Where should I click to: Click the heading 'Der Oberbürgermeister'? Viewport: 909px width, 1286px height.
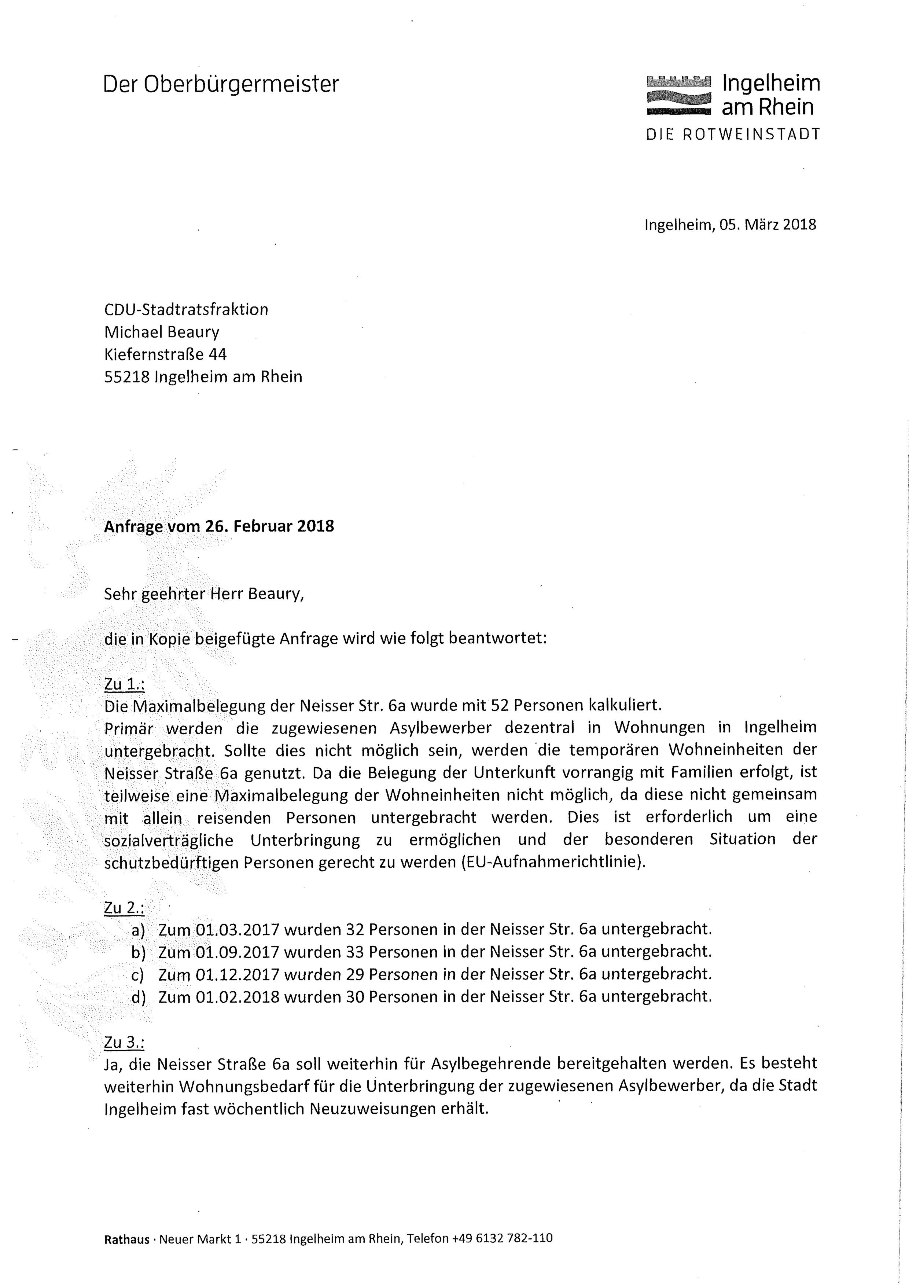tap(221, 85)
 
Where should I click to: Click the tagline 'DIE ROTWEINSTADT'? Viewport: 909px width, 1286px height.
tap(733, 135)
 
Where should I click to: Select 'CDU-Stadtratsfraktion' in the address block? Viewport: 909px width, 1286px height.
tap(186, 310)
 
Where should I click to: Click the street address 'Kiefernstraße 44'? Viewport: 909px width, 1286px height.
tap(165, 354)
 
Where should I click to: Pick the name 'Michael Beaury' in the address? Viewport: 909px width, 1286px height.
tap(161, 332)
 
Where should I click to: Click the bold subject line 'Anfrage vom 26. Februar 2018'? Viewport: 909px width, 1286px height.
tap(219, 526)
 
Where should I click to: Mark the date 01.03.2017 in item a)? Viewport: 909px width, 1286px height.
tap(238, 930)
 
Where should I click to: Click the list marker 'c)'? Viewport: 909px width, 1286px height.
tap(138, 975)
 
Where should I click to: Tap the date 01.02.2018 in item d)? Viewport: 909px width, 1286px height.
tap(238, 997)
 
